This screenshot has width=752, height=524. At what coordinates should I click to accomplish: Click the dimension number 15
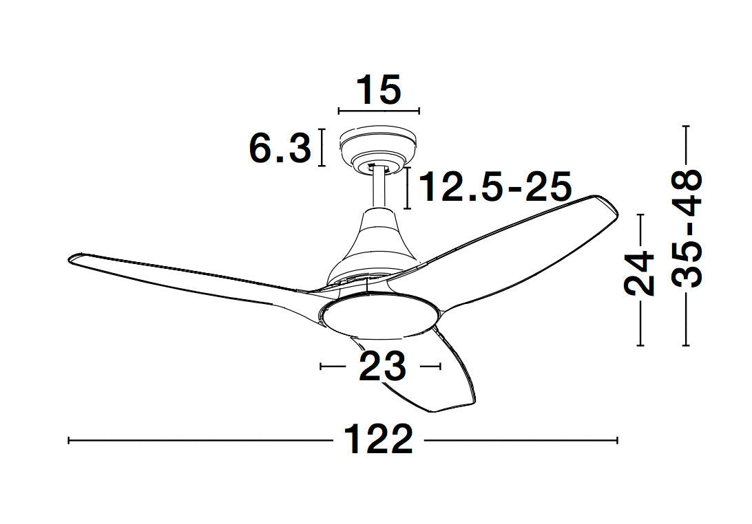click(379, 90)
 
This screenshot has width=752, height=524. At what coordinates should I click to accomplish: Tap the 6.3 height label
click(279, 148)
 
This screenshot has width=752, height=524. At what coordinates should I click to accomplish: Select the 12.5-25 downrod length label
click(495, 187)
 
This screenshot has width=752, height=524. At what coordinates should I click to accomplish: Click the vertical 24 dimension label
click(640, 273)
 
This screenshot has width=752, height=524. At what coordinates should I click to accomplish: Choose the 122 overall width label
click(378, 439)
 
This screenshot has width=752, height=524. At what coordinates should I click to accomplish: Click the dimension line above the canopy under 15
click(379, 111)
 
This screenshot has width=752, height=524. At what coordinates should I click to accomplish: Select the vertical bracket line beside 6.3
click(321, 147)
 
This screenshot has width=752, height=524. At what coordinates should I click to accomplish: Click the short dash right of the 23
click(430, 367)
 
